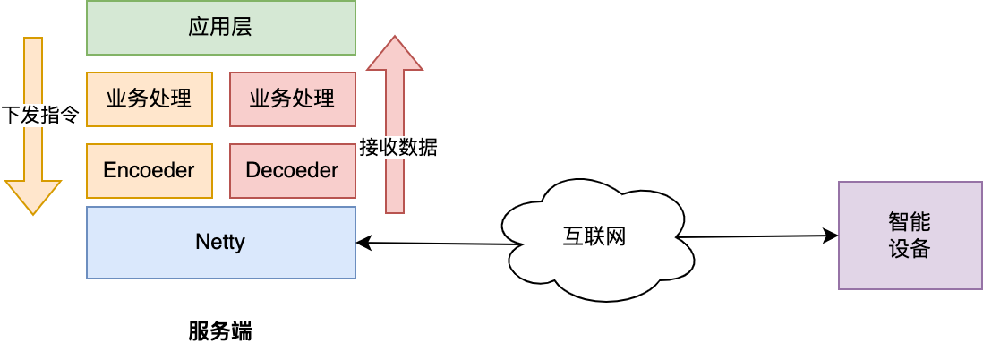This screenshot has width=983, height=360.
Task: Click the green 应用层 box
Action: pos(220,28)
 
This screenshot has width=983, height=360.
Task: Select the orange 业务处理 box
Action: pos(150,99)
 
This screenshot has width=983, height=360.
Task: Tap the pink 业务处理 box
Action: pos(292,99)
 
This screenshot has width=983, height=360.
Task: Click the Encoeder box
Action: pos(150,170)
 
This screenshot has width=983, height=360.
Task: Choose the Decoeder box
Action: pos(292,170)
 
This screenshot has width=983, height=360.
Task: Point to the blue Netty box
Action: pos(220,242)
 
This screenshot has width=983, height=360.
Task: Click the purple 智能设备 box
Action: pos(909,235)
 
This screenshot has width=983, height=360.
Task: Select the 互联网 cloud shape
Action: pos(594,237)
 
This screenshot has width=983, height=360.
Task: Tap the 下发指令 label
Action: pos(41,116)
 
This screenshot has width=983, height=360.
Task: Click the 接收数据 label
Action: pos(398,148)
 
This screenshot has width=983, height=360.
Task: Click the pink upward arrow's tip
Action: pos(394,38)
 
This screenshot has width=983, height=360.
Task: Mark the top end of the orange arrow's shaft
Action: pos(33,40)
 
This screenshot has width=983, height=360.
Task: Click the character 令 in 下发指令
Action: pos(71,116)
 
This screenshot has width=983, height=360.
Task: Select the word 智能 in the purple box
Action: pos(909,221)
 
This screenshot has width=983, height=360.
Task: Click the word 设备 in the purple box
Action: pos(909,248)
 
